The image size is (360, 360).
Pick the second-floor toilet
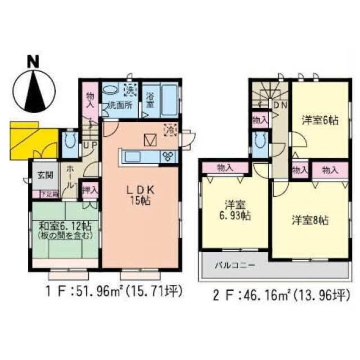click(x=260, y=142)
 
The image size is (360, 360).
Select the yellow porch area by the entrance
click(x=32, y=140)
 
